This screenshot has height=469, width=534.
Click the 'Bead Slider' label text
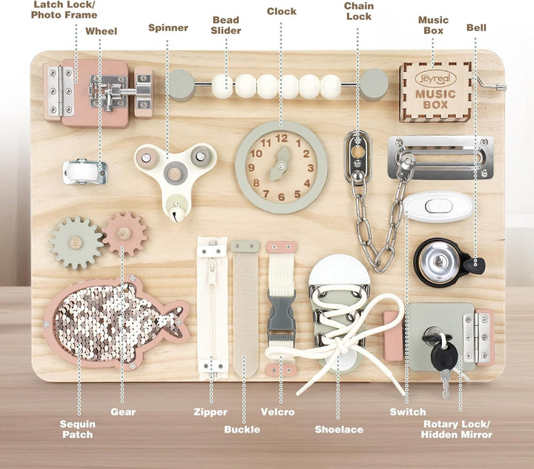pyautogui.click(x=225, y=25)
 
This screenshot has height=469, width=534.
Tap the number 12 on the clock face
pyautogui.click(x=281, y=137)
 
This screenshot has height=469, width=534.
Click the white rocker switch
pyautogui.click(x=438, y=206)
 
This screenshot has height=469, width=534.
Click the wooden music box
pyautogui.click(x=435, y=92)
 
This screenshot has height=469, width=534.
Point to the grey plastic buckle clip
pyautogui.click(x=281, y=316)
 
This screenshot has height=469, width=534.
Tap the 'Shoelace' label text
pyautogui.click(x=338, y=429)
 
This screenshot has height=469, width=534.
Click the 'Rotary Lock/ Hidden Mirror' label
pyautogui.click(x=457, y=429)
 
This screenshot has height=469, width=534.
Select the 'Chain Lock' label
pyautogui.click(x=358, y=11)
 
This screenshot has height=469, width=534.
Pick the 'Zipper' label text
pyautogui.click(x=210, y=412)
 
